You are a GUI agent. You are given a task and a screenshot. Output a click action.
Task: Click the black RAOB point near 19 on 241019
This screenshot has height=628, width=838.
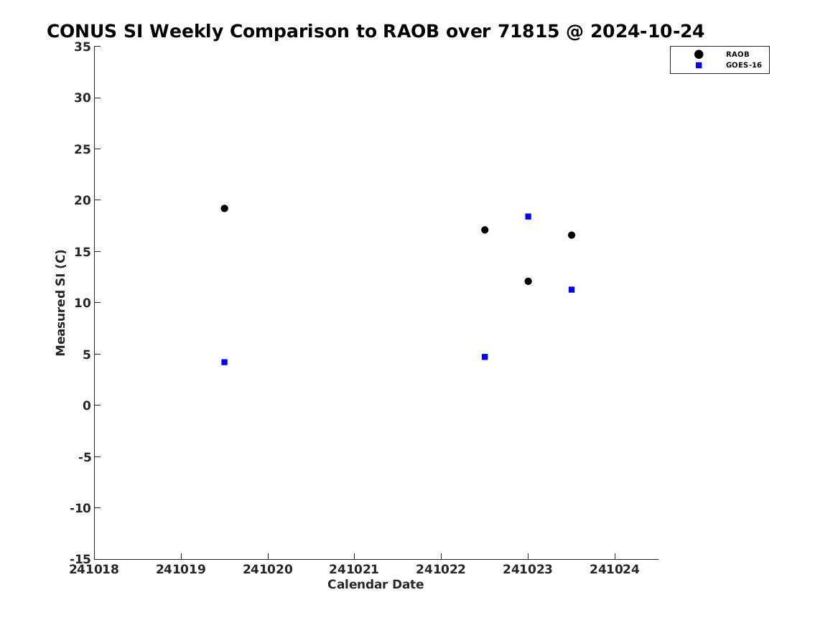(225, 208)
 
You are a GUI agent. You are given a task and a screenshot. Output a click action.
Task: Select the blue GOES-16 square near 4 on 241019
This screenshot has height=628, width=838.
(225, 362)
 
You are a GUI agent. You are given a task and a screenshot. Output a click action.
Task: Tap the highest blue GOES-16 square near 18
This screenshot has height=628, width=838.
(528, 216)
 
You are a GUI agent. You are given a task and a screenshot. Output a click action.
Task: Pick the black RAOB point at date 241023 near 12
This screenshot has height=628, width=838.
(528, 281)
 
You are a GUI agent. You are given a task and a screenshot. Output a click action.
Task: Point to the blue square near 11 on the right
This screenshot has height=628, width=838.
(572, 289)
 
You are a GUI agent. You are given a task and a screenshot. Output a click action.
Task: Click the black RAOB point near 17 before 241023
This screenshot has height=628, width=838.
(485, 230)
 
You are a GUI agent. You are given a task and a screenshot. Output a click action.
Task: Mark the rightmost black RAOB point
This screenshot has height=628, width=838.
(572, 235)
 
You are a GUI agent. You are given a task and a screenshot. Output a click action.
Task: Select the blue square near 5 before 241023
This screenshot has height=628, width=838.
(485, 357)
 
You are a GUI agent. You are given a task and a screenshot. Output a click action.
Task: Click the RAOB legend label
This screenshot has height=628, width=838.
(737, 55)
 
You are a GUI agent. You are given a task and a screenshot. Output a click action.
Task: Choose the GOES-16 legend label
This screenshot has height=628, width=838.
(743, 65)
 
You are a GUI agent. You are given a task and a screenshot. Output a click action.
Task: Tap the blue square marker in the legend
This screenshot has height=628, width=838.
(699, 65)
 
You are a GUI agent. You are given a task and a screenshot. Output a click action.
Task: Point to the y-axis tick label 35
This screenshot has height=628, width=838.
(83, 47)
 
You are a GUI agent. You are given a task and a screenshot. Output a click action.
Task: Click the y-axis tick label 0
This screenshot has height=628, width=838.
(87, 406)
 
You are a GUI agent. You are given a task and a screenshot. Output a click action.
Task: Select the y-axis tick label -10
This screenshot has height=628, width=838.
(80, 508)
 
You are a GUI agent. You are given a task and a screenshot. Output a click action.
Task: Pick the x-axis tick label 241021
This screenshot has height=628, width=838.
(354, 569)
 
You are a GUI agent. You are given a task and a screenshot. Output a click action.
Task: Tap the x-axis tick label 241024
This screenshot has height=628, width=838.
(615, 569)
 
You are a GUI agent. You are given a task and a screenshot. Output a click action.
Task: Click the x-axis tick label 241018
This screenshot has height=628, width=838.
(94, 569)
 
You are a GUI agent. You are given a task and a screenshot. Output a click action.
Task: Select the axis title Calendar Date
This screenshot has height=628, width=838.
(376, 585)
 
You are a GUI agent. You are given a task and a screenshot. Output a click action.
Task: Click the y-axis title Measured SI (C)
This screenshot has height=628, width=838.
(60, 302)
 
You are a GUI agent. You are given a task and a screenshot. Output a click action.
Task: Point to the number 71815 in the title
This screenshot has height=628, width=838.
(529, 32)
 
